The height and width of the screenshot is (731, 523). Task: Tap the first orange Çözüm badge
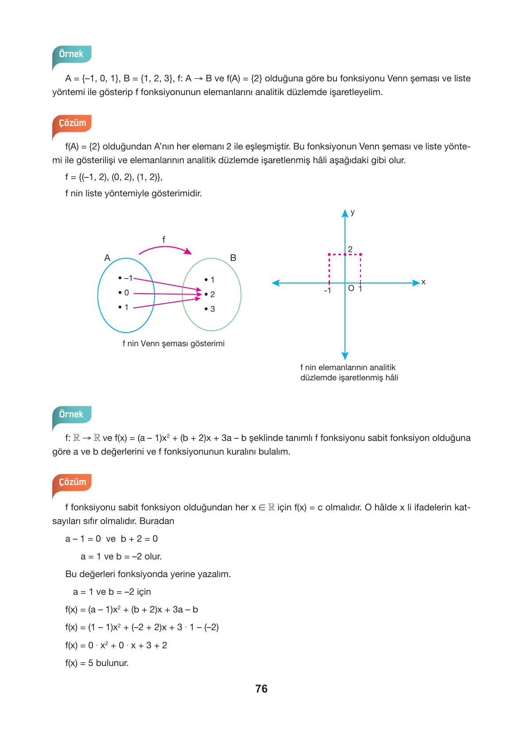(72, 122)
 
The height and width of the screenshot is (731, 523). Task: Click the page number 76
(261, 689)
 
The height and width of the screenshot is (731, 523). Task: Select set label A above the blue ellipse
(107, 258)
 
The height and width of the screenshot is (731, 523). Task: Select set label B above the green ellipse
(233, 258)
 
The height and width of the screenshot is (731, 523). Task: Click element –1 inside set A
(127, 278)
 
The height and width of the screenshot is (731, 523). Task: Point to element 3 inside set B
(211, 309)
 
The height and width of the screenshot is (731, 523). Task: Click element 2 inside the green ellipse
(211, 294)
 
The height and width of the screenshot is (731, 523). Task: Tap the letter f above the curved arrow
(163, 240)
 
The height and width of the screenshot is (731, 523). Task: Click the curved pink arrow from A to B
(165, 249)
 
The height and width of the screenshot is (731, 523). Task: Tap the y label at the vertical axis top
(353, 212)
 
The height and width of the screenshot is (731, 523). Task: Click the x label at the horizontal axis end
(423, 282)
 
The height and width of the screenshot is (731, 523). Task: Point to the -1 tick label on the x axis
(327, 291)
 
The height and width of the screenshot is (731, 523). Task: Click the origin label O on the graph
(351, 289)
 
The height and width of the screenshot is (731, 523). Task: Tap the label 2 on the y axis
(350, 249)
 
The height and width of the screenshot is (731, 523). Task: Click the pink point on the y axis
(345, 254)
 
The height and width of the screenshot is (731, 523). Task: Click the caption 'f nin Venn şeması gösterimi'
(173, 343)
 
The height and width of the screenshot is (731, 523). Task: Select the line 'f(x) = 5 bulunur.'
(97, 663)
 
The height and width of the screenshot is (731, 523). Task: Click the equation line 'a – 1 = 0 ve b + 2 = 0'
(112, 539)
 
